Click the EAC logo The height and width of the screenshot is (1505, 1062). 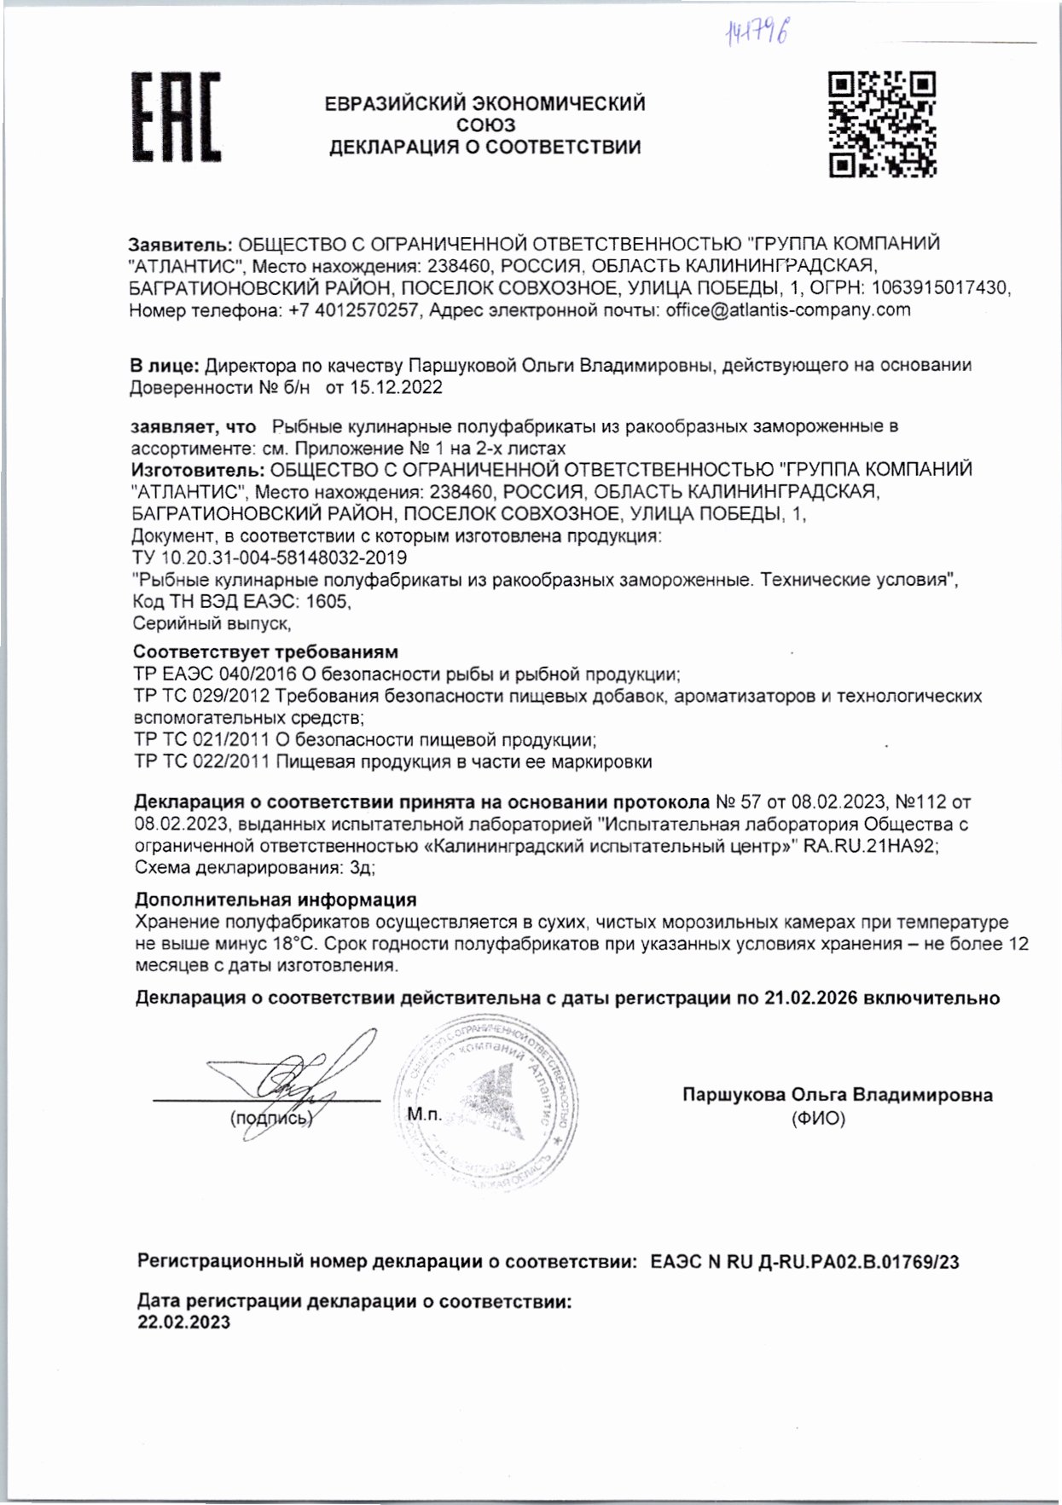[x=175, y=117]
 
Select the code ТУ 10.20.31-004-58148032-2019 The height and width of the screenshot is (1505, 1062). [x=270, y=559]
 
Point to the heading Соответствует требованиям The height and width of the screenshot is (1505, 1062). [x=266, y=653]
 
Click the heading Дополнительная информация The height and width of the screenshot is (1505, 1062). [x=276, y=900]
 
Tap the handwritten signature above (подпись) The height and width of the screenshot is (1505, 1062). [x=286, y=1085]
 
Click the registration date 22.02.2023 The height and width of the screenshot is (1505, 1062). [x=184, y=1323]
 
